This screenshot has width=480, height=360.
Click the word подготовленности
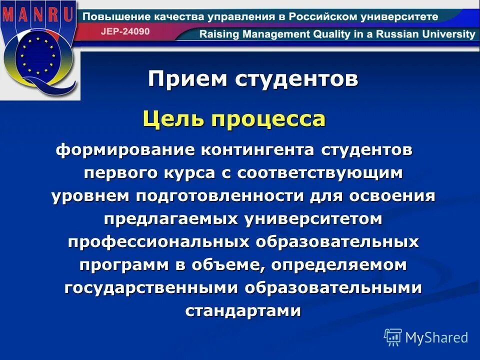tap(218, 195)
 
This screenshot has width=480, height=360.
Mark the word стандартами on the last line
tap(243, 310)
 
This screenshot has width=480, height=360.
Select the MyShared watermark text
tap(436, 337)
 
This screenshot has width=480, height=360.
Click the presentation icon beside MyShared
tap(393, 337)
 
